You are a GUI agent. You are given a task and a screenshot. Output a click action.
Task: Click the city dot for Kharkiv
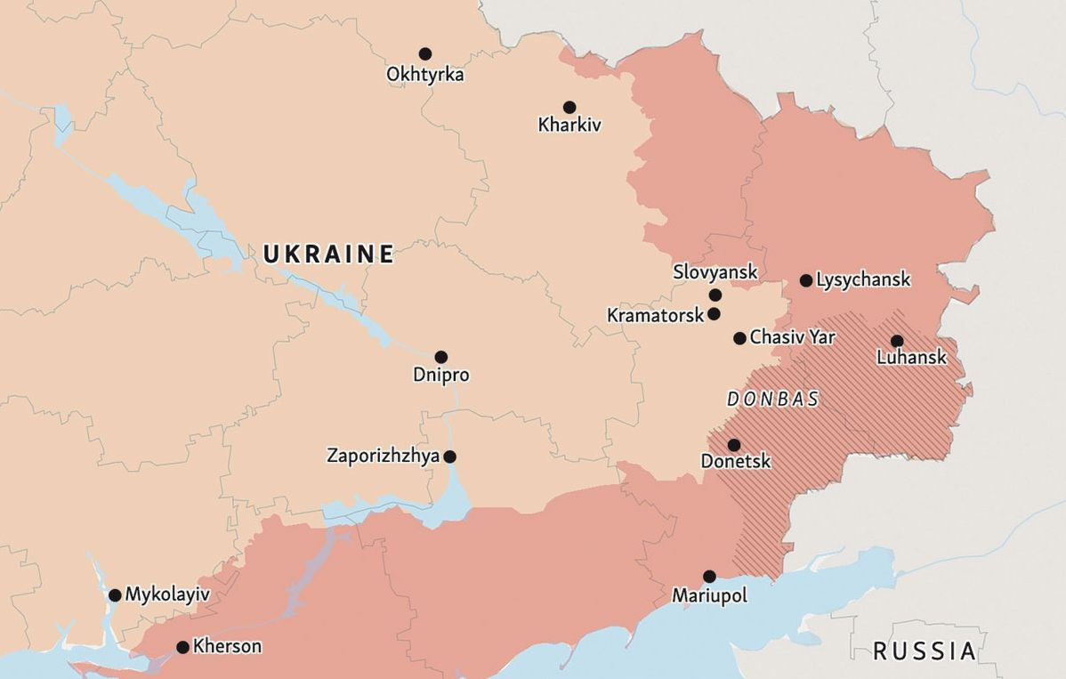(569, 108)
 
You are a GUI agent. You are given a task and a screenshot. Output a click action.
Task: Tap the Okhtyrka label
(424, 75)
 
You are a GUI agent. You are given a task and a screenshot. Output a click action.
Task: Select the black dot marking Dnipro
(440, 357)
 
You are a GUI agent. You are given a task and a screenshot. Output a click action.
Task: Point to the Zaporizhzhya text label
(384, 457)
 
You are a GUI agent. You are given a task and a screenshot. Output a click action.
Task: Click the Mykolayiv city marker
(115, 595)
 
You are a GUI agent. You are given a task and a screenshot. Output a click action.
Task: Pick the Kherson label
(227, 647)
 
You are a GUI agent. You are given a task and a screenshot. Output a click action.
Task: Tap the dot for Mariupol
(709, 577)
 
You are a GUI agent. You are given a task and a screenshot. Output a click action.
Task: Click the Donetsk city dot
(734, 445)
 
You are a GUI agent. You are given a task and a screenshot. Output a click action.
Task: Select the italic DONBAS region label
(773, 400)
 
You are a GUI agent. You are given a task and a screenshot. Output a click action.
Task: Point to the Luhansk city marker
(897, 341)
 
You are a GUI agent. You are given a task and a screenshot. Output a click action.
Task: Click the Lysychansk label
(863, 280)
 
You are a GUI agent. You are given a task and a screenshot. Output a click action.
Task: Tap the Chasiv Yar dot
(739, 338)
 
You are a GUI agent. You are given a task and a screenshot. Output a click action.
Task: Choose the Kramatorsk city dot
(714, 314)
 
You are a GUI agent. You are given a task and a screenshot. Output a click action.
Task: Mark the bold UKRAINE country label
(328, 255)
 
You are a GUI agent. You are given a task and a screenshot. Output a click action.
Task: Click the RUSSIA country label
(924, 651)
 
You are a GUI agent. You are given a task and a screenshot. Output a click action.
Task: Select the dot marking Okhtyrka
(425, 54)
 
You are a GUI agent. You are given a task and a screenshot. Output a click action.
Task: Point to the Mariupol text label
(709, 596)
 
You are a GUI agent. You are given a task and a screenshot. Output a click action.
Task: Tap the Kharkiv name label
(569, 125)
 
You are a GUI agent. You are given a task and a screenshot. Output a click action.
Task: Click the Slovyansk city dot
(715, 295)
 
